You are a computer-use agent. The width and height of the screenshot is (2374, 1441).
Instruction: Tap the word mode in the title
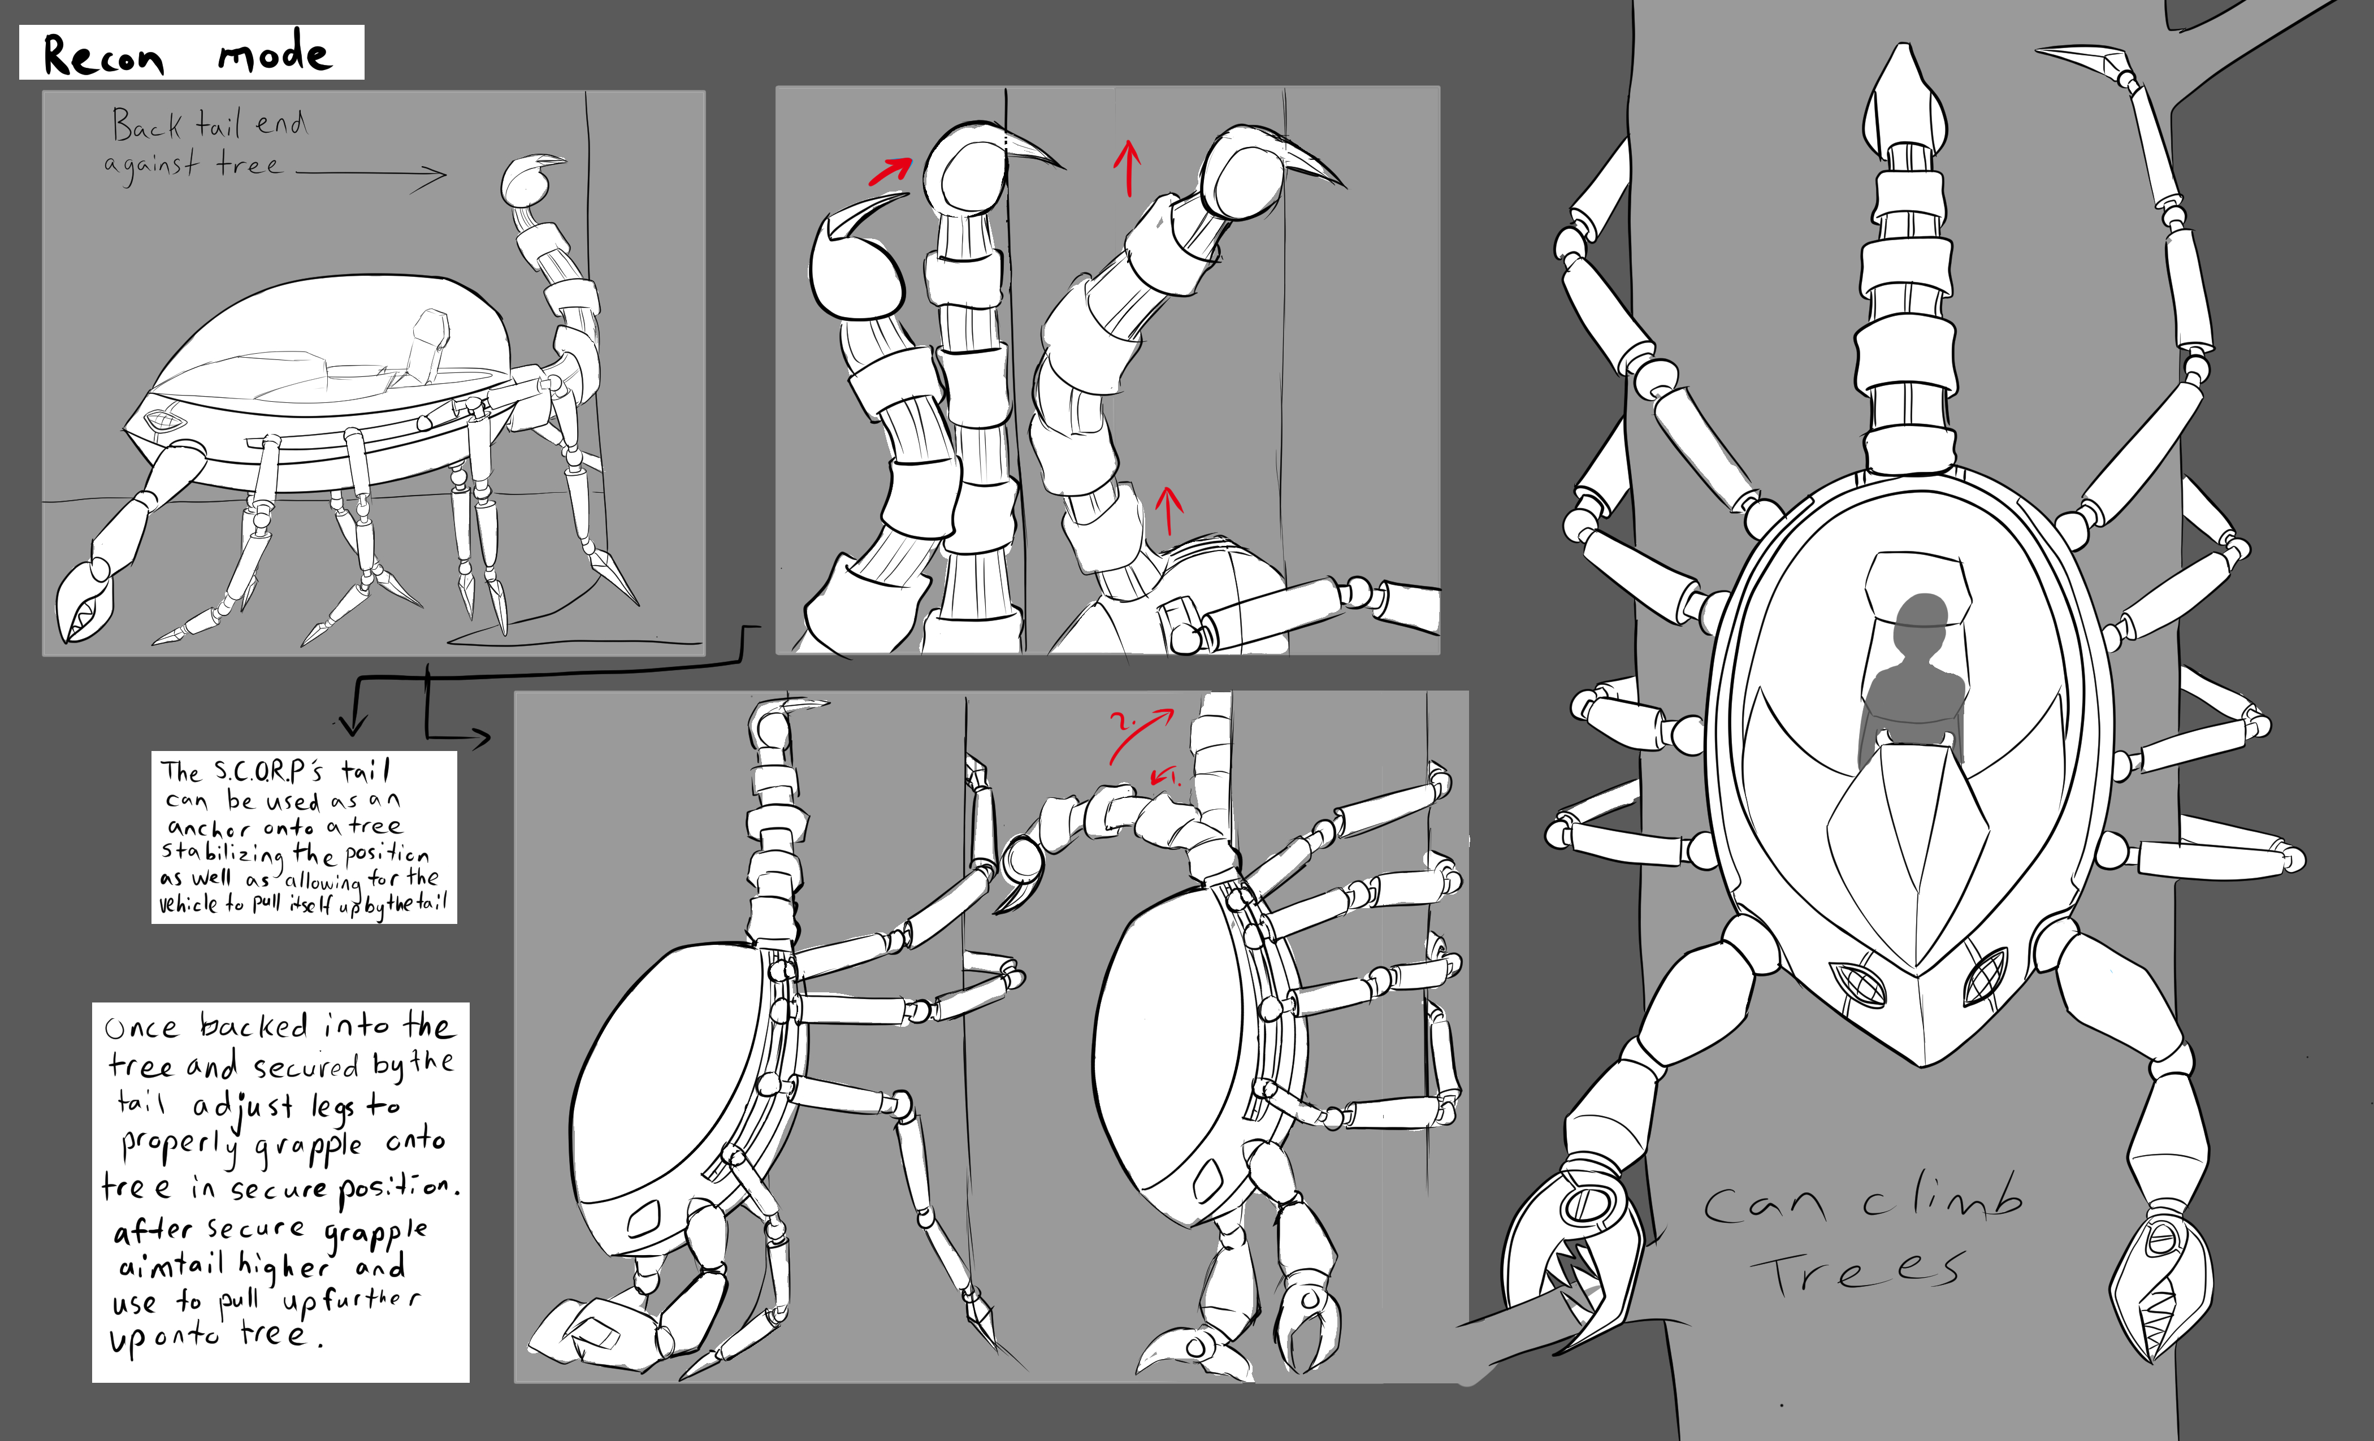point(275,53)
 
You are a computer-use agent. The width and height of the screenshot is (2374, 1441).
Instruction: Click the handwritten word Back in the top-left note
point(145,125)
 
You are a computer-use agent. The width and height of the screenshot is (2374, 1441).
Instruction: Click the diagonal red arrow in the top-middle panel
point(889,171)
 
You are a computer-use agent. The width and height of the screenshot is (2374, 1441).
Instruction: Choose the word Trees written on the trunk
point(1855,1271)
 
